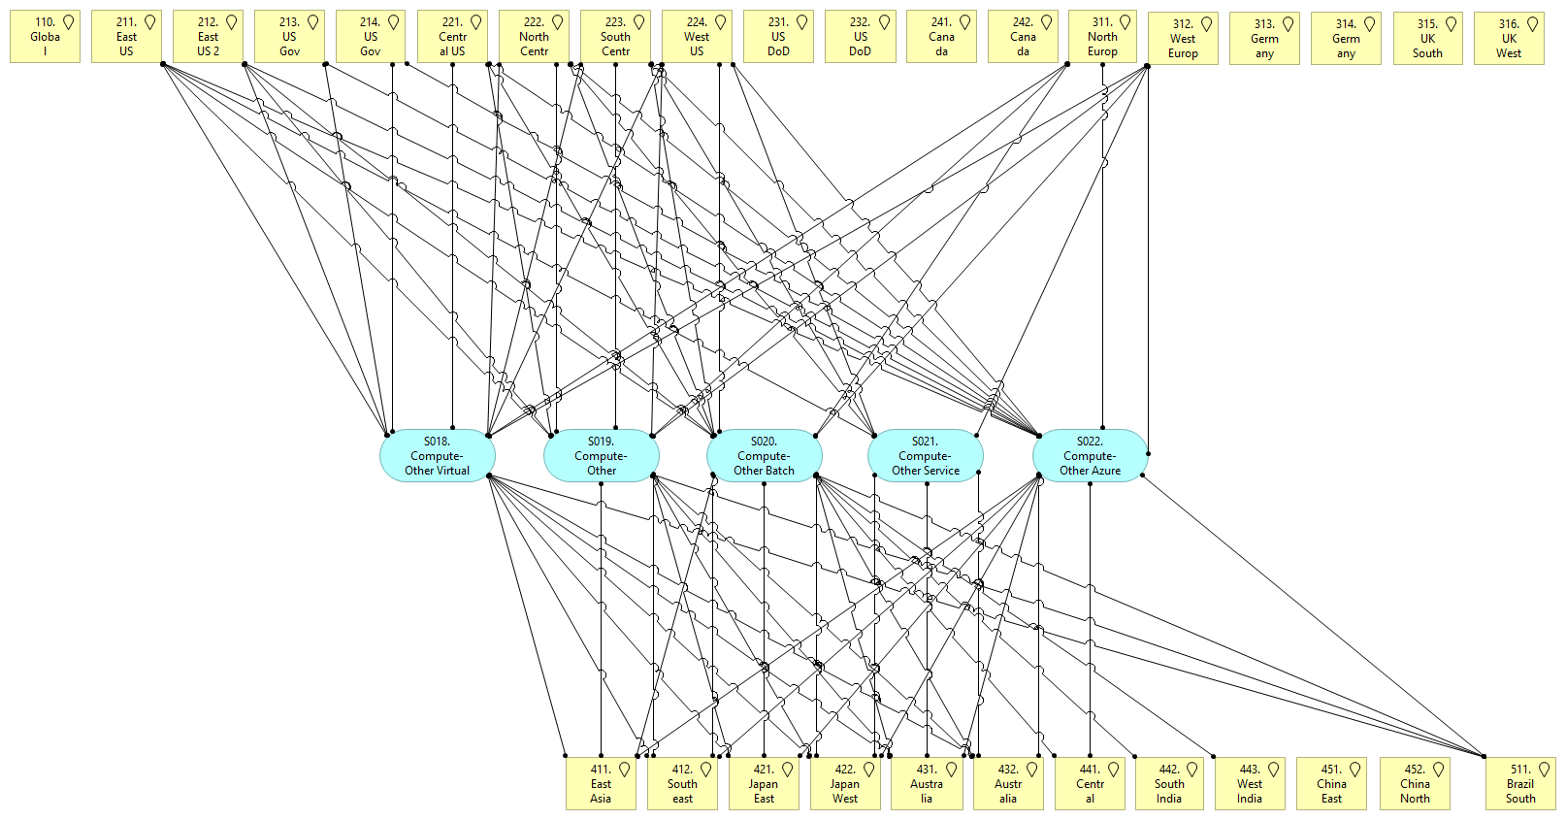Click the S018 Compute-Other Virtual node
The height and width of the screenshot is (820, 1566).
pos(437,455)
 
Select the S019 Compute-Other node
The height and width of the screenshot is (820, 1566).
pos(601,455)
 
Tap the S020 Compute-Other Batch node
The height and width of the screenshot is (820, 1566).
pos(764,455)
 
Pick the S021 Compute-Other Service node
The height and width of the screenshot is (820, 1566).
pos(925,455)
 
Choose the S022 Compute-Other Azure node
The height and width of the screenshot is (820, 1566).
pos(1089,455)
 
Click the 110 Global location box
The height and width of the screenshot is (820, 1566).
pos(45,37)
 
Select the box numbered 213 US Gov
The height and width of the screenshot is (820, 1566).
pos(289,37)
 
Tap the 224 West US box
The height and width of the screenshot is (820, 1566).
pos(697,37)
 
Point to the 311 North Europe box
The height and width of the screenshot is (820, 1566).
pos(1102,37)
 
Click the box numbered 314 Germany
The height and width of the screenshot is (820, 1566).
pos(1346,39)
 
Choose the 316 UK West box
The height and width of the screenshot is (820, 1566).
pos(1509,39)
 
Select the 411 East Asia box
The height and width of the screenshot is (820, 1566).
pos(601,784)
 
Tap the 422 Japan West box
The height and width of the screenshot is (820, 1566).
pos(845,784)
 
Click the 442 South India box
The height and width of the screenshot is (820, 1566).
pos(1169,784)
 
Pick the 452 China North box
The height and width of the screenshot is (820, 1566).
pos(1415,784)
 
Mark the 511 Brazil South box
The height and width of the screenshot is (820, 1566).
pos(1520,784)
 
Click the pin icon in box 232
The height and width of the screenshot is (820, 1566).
pos(884,22)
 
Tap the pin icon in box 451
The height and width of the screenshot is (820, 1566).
pos(1354,770)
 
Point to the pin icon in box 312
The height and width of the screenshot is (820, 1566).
pos(1206,24)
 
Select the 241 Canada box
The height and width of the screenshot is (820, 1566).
pos(941,37)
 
